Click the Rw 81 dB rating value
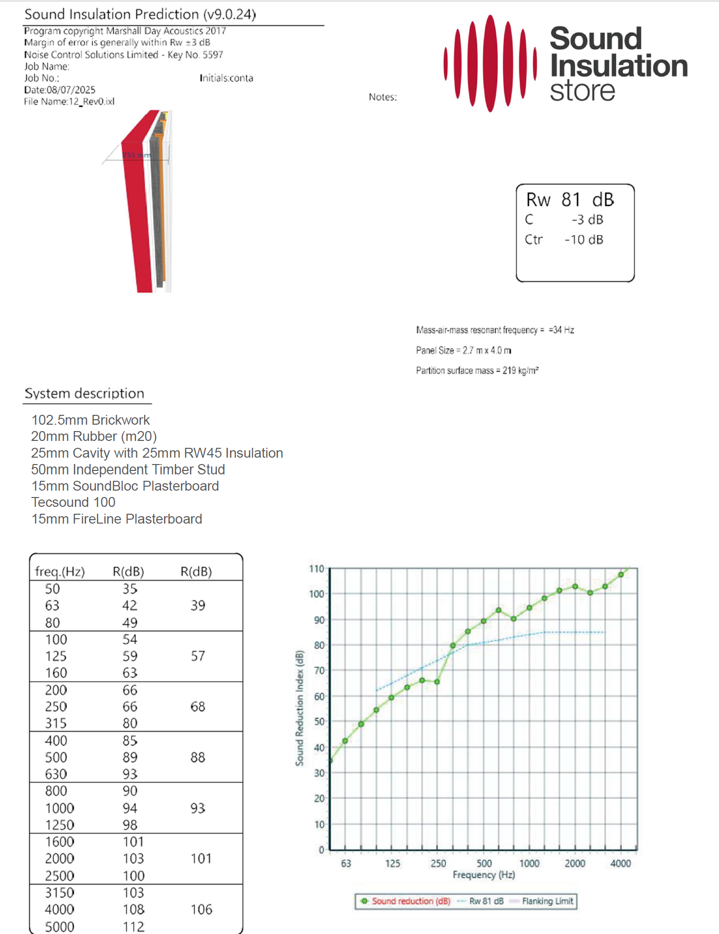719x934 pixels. [570, 200]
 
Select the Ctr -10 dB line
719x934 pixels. [564, 240]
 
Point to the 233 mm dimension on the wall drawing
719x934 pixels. [136, 156]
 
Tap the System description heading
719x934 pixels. [84, 394]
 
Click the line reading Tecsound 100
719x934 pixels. [73, 502]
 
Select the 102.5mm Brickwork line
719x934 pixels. [90, 420]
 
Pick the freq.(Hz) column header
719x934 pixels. [60, 572]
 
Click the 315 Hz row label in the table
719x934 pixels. [56, 723]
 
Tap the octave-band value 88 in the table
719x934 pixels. [197, 757]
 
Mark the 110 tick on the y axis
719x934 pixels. [316, 569]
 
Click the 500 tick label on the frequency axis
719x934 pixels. [484, 864]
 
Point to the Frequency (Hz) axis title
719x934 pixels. [484, 875]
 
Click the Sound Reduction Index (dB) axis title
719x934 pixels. [299, 708]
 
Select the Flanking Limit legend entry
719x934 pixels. [547, 902]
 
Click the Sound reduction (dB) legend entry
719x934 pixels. [411, 902]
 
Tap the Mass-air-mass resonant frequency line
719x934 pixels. [494, 330]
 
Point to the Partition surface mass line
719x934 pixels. [477, 371]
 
